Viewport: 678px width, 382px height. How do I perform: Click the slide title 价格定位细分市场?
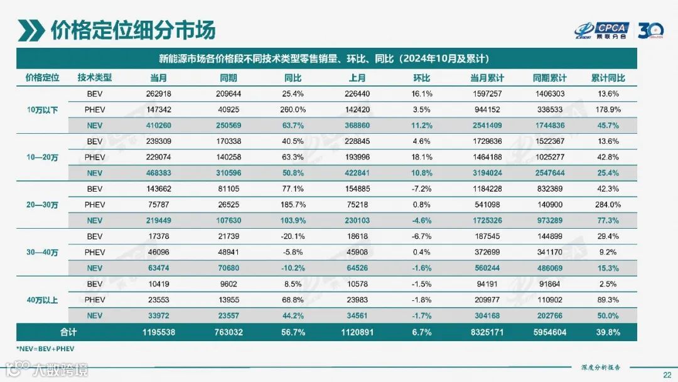[x=133, y=30]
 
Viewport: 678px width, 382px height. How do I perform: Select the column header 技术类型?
[x=94, y=78]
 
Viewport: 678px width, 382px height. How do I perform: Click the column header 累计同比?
[x=608, y=78]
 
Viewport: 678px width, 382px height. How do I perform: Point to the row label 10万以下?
[x=42, y=110]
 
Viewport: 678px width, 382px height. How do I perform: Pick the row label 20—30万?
[x=42, y=204]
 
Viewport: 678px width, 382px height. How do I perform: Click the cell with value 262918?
[x=158, y=94]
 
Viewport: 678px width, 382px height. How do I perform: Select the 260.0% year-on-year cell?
[x=292, y=110]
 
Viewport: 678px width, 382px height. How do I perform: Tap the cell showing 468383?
[x=158, y=173]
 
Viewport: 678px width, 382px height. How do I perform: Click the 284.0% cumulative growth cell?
[x=608, y=204]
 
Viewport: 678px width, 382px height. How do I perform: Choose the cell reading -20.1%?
[x=292, y=236]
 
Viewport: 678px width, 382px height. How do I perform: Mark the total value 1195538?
[x=158, y=331]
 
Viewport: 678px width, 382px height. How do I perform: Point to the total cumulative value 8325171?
[x=487, y=331]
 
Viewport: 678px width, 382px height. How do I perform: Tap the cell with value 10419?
[x=158, y=283]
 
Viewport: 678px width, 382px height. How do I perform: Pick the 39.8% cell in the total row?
[x=608, y=331]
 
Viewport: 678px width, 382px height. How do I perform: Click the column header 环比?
[x=421, y=78]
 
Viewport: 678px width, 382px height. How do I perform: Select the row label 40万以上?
[x=42, y=300]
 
